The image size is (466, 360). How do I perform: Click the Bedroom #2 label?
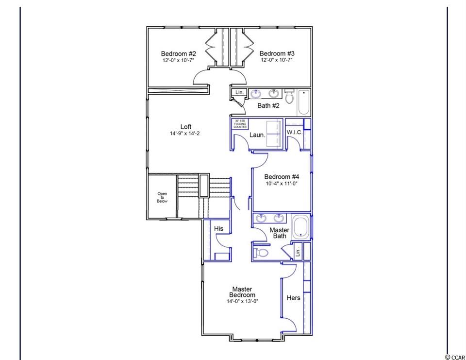(178, 54)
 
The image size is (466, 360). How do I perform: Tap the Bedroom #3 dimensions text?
(277, 60)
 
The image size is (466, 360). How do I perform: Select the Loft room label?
(186, 127)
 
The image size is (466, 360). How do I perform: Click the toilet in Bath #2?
(289, 96)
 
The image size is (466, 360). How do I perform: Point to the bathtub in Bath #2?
(304, 102)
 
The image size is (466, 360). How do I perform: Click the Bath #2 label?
(268, 105)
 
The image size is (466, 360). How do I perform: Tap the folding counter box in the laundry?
(240, 124)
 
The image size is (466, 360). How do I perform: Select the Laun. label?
(257, 135)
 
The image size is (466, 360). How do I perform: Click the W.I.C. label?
(295, 132)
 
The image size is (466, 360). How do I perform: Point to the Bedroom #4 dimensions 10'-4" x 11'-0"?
(282, 184)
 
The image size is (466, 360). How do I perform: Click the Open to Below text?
(162, 197)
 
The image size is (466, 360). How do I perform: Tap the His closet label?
(218, 228)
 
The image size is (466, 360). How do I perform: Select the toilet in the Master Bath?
(260, 253)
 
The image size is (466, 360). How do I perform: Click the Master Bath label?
(280, 233)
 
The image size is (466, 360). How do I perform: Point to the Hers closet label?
(293, 298)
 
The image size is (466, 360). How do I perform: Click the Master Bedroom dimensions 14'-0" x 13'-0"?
(243, 301)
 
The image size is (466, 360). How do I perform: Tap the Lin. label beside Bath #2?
(239, 92)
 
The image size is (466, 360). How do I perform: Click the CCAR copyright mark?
(455, 357)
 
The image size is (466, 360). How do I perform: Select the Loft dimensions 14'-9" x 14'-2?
(185, 133)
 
